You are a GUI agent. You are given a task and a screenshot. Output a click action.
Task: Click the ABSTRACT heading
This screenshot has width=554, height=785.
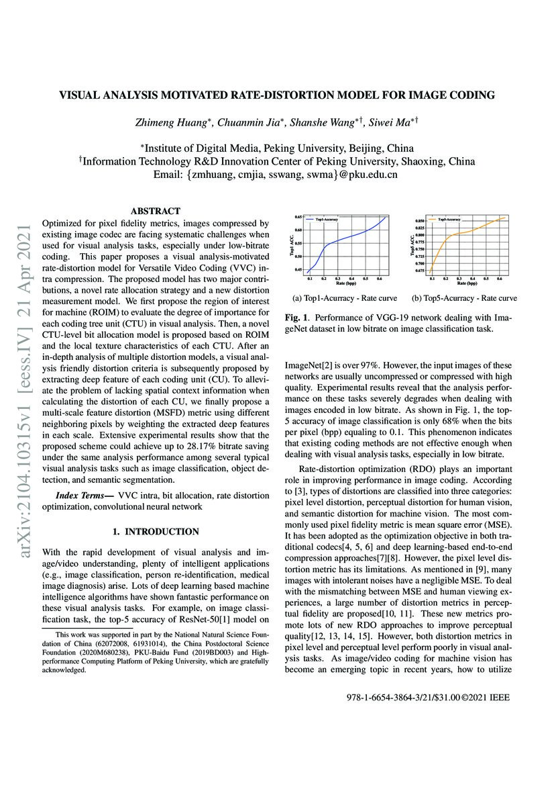tap(155, 211)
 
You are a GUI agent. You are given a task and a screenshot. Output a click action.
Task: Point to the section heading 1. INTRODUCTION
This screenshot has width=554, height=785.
tap(155, 532)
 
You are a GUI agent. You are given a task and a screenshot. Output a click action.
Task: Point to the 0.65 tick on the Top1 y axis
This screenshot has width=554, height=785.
tap(299, 217)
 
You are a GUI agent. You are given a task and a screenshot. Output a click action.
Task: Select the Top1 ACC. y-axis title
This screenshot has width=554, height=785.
tap(292, 245)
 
